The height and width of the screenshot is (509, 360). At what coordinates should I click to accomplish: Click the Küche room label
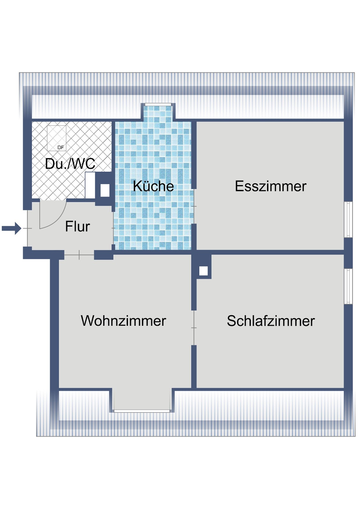pyautogui.click(x=153, y=186)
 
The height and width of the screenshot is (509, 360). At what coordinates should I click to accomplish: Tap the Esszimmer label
pyautogui.click(x=271, y=186)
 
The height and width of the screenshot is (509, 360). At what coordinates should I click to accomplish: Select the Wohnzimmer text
pyautogui.click(x=123, y=321)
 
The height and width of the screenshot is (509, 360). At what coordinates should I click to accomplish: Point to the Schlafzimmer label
pyautogui.click(x=271, y=321)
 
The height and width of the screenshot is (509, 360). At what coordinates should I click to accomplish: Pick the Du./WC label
pyautogui.click(x=70, y=164)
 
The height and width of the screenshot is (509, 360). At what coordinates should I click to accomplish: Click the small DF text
pyautogui.click(x=61, y=148)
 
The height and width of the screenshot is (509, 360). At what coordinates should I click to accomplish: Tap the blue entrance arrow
pyautogui.click(x=11, y=228)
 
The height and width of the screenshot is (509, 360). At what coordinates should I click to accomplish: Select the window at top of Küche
pyautogui.click(x=158, y=105)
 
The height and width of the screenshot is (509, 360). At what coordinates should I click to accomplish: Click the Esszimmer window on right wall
pyautogui.click(x=348, y=219)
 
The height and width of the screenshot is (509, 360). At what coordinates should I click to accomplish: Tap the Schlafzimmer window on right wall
pyautogui.click(x=348, y=286)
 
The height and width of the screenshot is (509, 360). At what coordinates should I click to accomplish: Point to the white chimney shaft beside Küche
pyautogui.click(x=105, y=190)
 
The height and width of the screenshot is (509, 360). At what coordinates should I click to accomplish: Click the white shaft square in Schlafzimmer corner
pyautogui.click(x=203, y=271)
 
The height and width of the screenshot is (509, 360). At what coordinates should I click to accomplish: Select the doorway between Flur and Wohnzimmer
pyautogui.click(x=79, y=255)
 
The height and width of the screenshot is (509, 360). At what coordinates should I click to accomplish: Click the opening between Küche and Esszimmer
pyautogui.click(x=194, y=206)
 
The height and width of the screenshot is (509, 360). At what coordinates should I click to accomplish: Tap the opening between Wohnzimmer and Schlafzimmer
pyautogui.click(x=194, y=328)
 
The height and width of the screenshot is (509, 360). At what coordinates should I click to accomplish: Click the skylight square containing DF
pyautogui.click(x=57, y=138)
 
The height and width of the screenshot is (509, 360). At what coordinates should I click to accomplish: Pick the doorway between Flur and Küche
pyautogui.click(x=113, y=228)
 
